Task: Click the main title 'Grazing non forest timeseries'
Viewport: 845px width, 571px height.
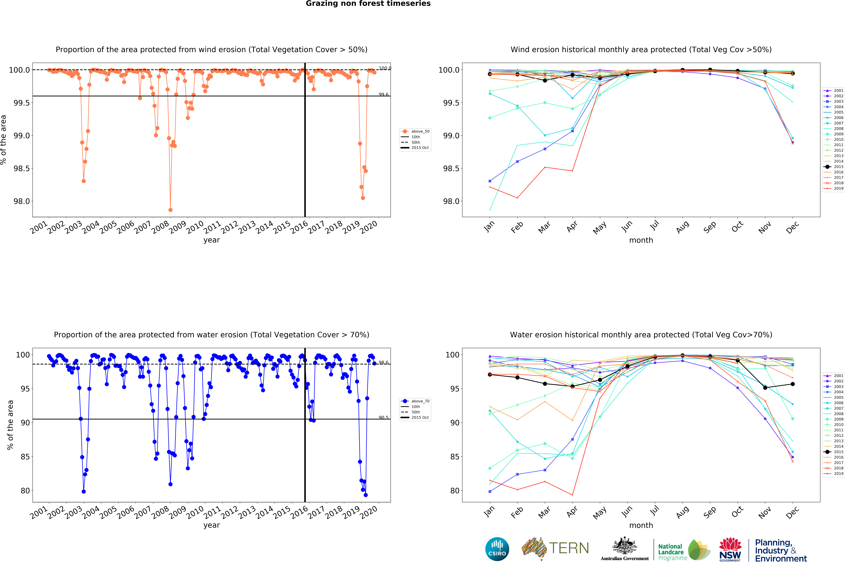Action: (368, 4)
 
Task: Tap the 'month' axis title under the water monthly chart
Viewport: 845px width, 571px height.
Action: (641, 525)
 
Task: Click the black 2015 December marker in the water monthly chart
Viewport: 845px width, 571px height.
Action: (793, 384)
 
